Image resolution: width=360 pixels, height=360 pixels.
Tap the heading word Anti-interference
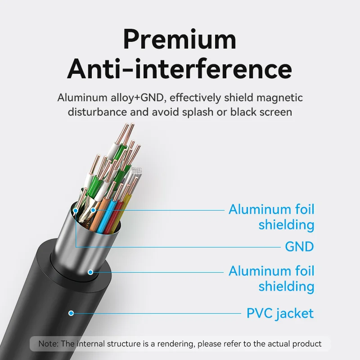(180, 69)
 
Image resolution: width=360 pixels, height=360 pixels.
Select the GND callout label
(299, 247)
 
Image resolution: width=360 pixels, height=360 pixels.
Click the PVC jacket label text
(280, 313)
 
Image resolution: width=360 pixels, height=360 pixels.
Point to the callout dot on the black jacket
(71, 313)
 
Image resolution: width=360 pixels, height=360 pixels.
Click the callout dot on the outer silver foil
(90, 272)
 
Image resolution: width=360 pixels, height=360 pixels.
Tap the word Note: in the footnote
(48, 344)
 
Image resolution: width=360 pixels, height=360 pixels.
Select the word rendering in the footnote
(171, 344)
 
